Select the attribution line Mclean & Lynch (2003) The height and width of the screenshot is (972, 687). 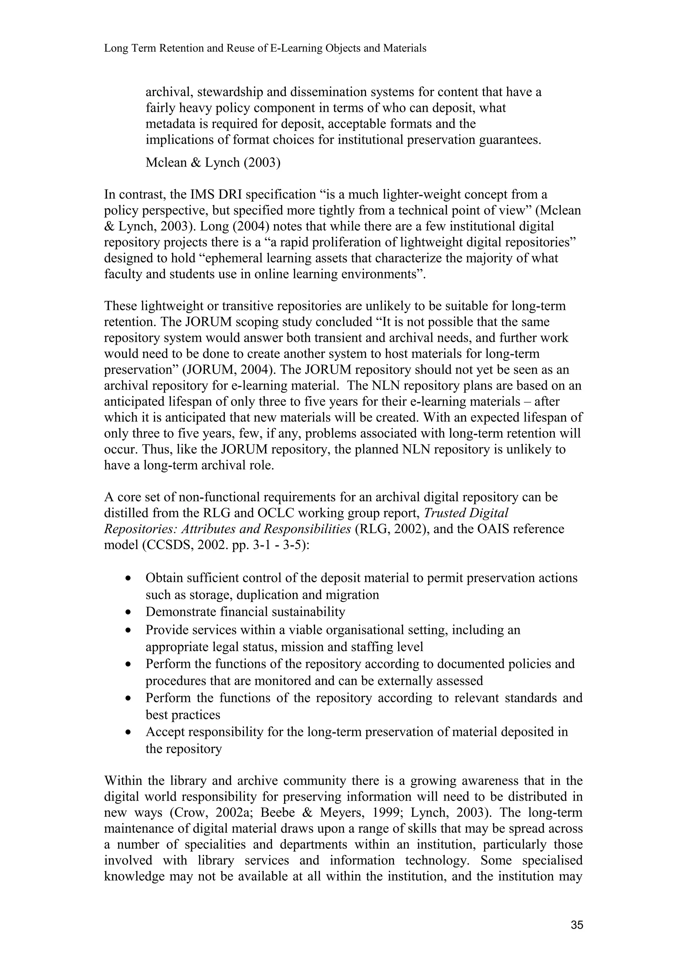pyautogui.click(x=213, y=163)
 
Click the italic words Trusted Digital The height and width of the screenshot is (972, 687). pyautogui.click(x=466, y=513)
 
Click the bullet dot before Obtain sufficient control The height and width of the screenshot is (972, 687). pyautogui.click(x=128, y=579)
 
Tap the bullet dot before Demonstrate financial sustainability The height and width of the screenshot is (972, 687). pyautogui.click(x=128, y=612)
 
